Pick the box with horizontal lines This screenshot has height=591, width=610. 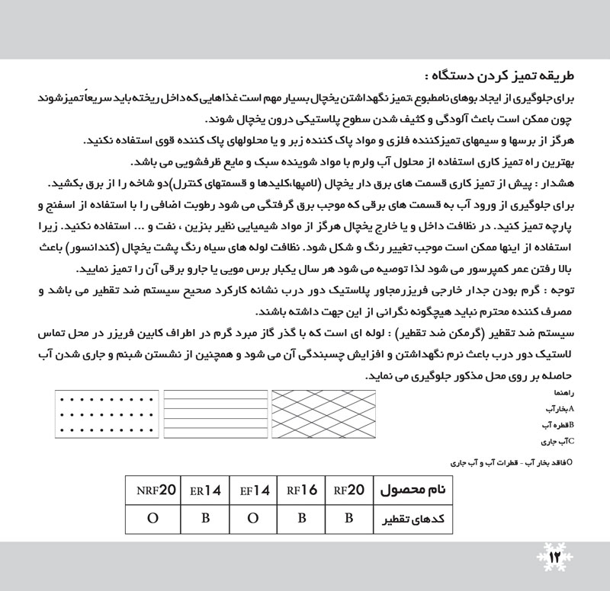point(214,414)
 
